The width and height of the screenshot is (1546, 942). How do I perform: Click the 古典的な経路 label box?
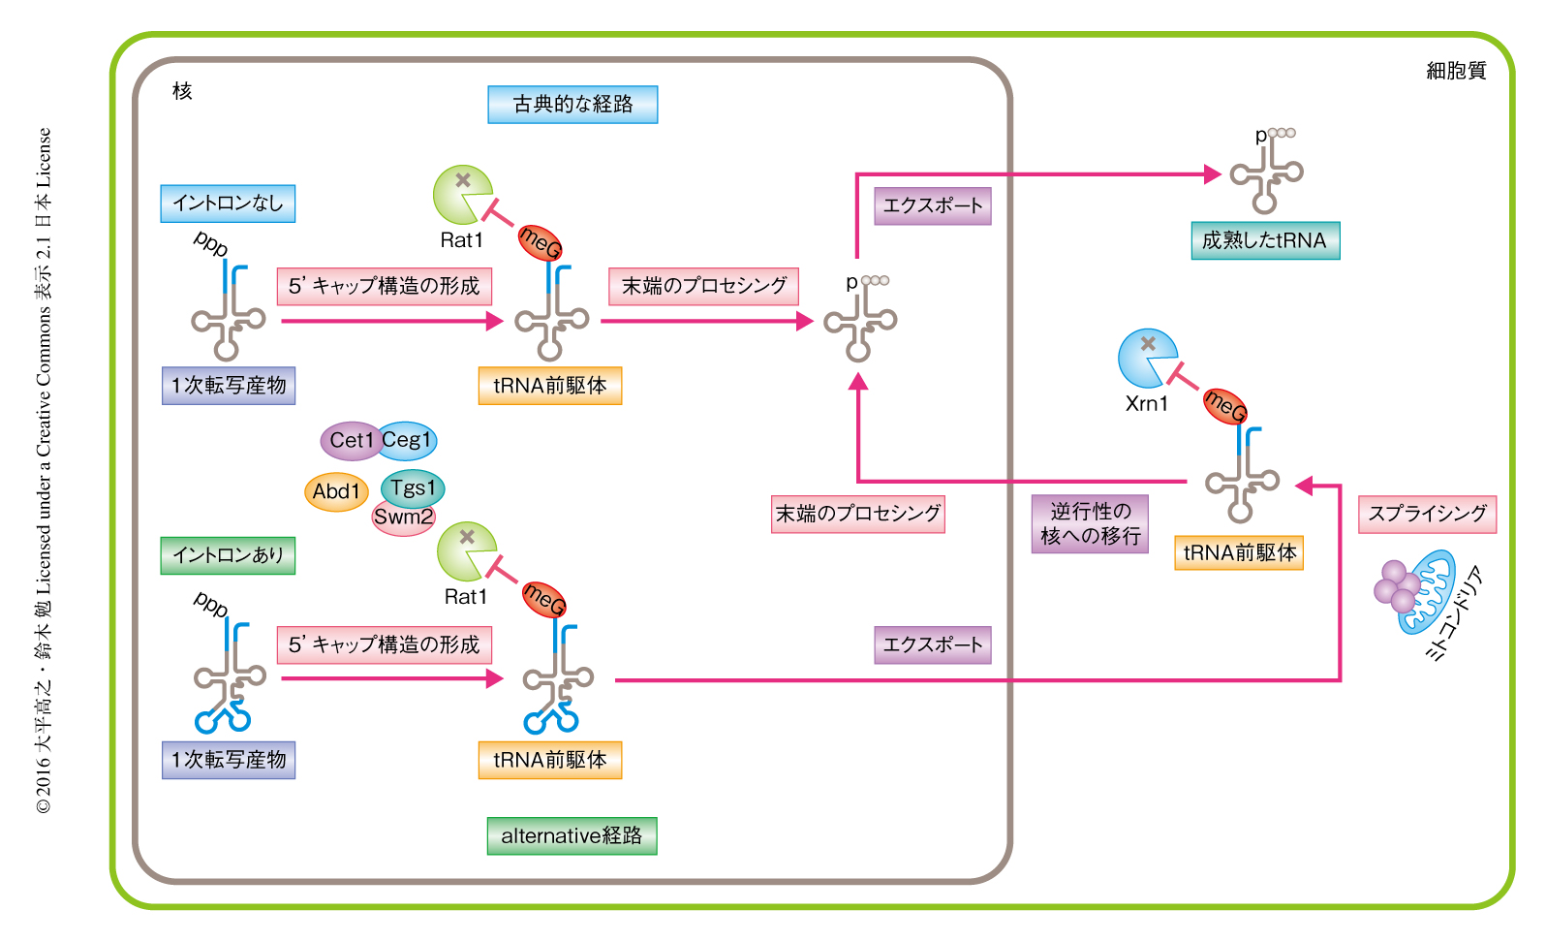coord(572,105)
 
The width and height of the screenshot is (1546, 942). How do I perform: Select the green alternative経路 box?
coord(572,835)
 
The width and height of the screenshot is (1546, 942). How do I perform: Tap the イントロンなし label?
coord(228,204)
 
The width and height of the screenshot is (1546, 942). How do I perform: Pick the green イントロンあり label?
coord(228,555)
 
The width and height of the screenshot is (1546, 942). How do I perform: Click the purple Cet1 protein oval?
coord(349,440)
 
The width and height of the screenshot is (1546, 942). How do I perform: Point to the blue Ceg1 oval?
coord(408,440)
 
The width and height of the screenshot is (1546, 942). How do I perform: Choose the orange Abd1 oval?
coord(336,491)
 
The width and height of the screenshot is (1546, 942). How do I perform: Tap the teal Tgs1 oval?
coord(414,487)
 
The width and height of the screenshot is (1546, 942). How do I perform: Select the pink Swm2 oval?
coord(404,518)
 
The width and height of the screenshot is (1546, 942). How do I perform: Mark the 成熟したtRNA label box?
coord(1265,240)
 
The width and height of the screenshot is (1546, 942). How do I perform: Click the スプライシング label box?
coord(1427,514)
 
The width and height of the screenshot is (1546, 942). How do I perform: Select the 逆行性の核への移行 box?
coord(1090,523)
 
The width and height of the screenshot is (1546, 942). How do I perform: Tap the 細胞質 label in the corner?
coord(1456,71)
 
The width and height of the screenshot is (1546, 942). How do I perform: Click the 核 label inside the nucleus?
coord(182,91)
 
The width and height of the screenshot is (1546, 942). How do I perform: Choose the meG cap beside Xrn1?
coord(1224,405)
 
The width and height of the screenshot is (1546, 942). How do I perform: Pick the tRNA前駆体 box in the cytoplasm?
coord(1239,552)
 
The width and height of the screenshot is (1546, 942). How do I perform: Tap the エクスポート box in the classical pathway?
coord(933,205)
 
